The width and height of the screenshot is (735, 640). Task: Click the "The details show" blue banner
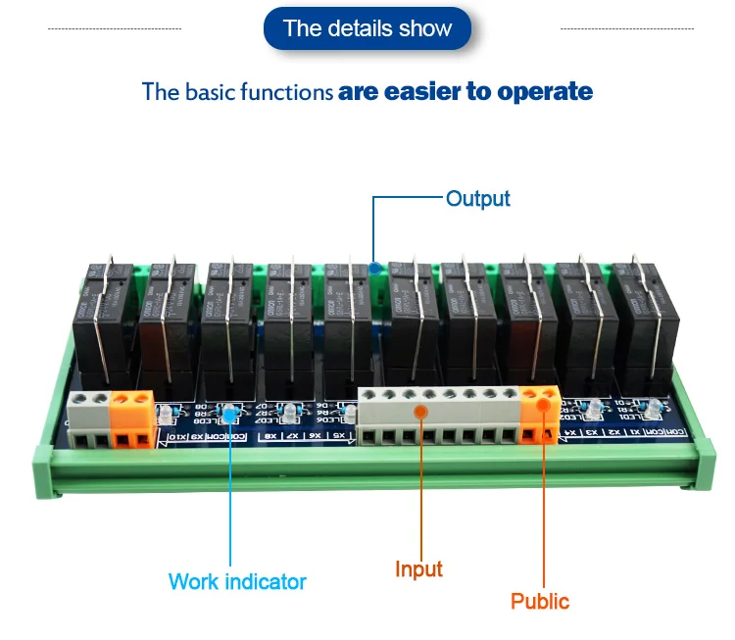pyautogui.click(x=367, y=28)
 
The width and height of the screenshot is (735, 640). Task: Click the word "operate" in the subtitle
pyautogui.click(x=545, y=92)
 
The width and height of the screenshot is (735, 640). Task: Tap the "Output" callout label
pyautogui.click(x=477, y=199)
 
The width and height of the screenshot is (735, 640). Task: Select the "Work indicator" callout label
pyautogui.click(x=237, y=581)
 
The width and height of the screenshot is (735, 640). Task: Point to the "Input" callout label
pyautogui.click(x=418, y=569)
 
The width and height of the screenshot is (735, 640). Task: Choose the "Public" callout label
pyautogui.click(x=539, y=601)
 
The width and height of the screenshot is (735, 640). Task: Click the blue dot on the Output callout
pyautogui.click(x=374, y=266)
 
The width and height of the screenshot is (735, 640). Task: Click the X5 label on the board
pyautogui.click(x=338, y=434)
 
